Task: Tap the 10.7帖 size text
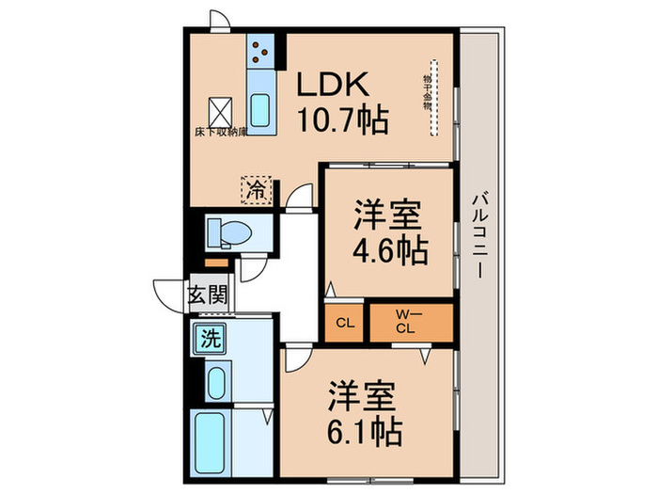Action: tap(342, 120)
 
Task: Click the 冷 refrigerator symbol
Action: tap(256, 189)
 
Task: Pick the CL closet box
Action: tap(345, 323)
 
